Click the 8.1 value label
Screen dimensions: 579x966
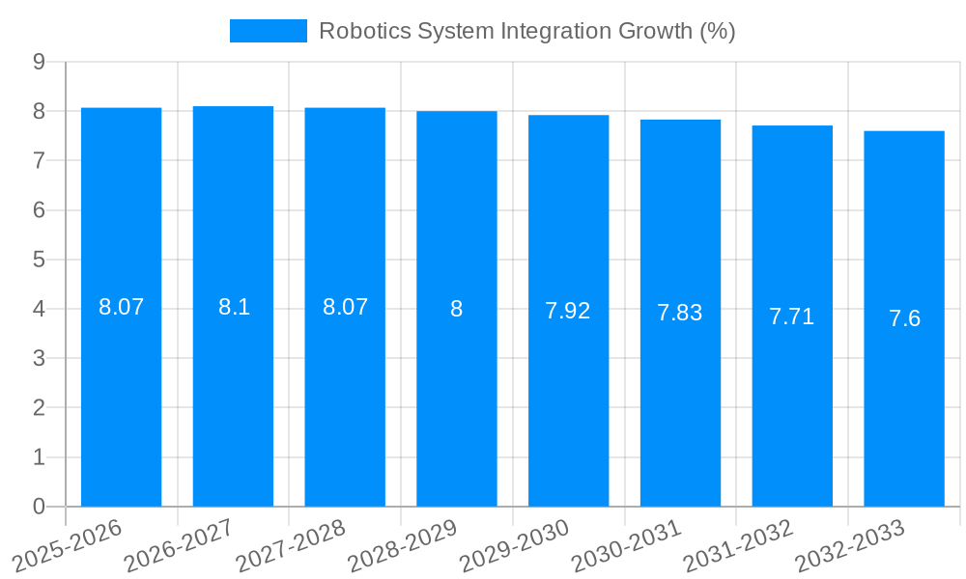(234, 307)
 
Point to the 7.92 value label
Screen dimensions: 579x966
(568, 311)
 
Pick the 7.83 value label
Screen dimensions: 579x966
(680, 313)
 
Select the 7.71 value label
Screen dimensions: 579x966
(792, 316)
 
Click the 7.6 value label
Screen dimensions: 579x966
(904, 318)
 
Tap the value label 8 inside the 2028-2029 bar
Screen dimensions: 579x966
(456, 309)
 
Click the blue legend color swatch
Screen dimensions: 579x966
(268, 31)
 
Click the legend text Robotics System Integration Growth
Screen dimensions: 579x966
(526, 31)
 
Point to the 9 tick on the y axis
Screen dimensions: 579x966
(40, 62)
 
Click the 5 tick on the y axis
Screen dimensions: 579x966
(40, 260)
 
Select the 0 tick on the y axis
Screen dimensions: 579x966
(40, 507)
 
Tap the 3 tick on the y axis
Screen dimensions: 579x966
(40, 358)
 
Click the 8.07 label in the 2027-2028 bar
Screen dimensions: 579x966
(345, 307)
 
